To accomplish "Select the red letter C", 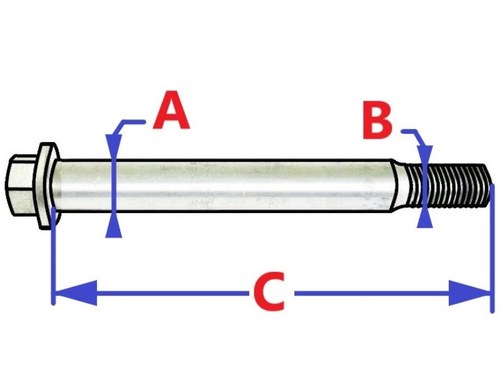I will pos(268,292).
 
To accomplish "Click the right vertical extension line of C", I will pos(492,250).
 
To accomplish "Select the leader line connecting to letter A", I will pos(128,123).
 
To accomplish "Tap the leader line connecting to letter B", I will pos(412,129).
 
